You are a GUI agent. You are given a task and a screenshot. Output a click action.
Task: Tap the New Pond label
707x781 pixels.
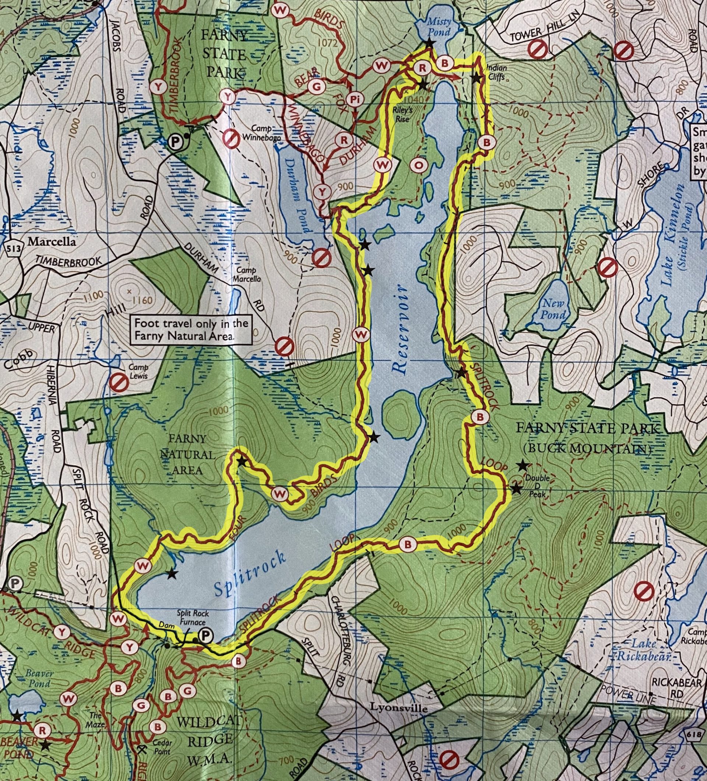tap(553, 308)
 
